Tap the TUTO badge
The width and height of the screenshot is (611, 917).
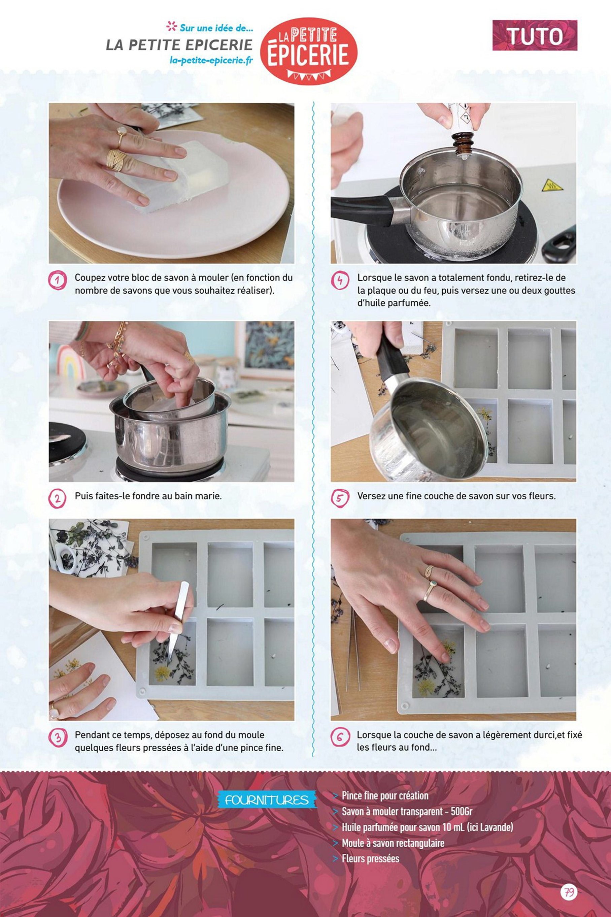(535, 35)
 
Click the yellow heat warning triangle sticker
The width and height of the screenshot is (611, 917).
(552, 185)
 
